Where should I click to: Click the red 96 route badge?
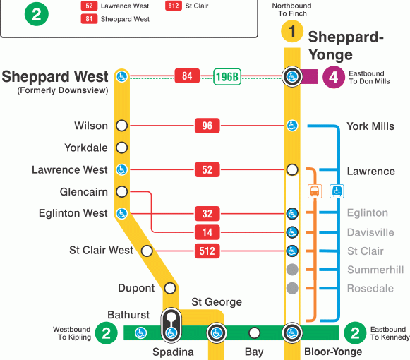[x=207, y=126]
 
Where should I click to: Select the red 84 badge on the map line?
[x=187, y=76]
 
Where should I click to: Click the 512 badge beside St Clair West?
[x=207, y=251]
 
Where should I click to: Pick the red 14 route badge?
[x=207, y=232]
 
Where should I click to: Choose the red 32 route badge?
[x=207, y=213]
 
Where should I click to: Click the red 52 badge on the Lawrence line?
[x=207, y=170]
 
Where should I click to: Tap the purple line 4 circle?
[x=334, y=76]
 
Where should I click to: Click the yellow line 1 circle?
[x=291, y=32]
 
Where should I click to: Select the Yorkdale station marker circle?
[x=121, y=148]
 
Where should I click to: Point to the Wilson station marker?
[x=121, y=126]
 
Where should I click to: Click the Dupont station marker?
[x=169, y=288]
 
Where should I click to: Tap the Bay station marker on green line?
[x=254, y=333]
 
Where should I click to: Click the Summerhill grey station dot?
[x=291, y=270]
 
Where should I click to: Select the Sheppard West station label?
[x=56, y=76]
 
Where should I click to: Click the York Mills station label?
[x=370, y=126]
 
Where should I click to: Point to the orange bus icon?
[x=315, y=191]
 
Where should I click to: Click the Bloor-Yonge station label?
[x=332, y=352]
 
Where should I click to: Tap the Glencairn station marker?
[x=121, y=191]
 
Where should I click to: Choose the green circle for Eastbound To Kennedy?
[x=356, y=333]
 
